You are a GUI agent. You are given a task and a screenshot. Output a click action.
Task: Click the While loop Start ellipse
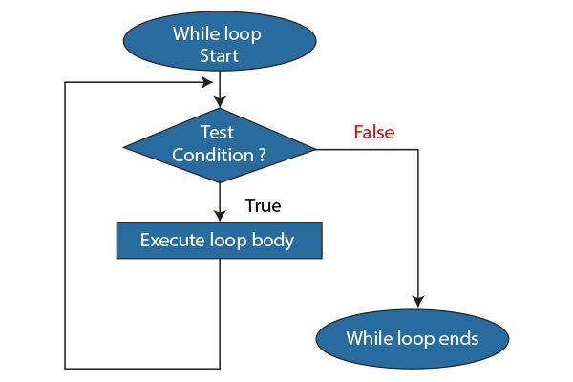click(x=219, y=44)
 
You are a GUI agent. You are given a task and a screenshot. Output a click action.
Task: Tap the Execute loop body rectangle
click(x=220, y=241)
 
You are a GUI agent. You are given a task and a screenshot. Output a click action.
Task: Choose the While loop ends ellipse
click(x=412, y=338)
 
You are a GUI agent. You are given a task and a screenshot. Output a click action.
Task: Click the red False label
click(x=374, y=132)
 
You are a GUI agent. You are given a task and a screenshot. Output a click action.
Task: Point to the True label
click(x=263, y=205)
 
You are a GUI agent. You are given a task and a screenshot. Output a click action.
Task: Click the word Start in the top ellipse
click(x=219, y=56)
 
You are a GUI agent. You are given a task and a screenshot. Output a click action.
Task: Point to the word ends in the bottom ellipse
click(x=455, y=338)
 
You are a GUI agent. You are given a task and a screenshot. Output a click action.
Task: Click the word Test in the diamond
click(x=219, y=133)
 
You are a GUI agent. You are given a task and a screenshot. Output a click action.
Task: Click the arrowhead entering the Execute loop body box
click(x=220, y=217)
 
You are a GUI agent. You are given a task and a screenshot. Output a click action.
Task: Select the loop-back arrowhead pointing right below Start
click(x=212, y=82)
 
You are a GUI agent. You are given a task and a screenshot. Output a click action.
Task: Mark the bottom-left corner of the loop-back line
click(x=65, y=368)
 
